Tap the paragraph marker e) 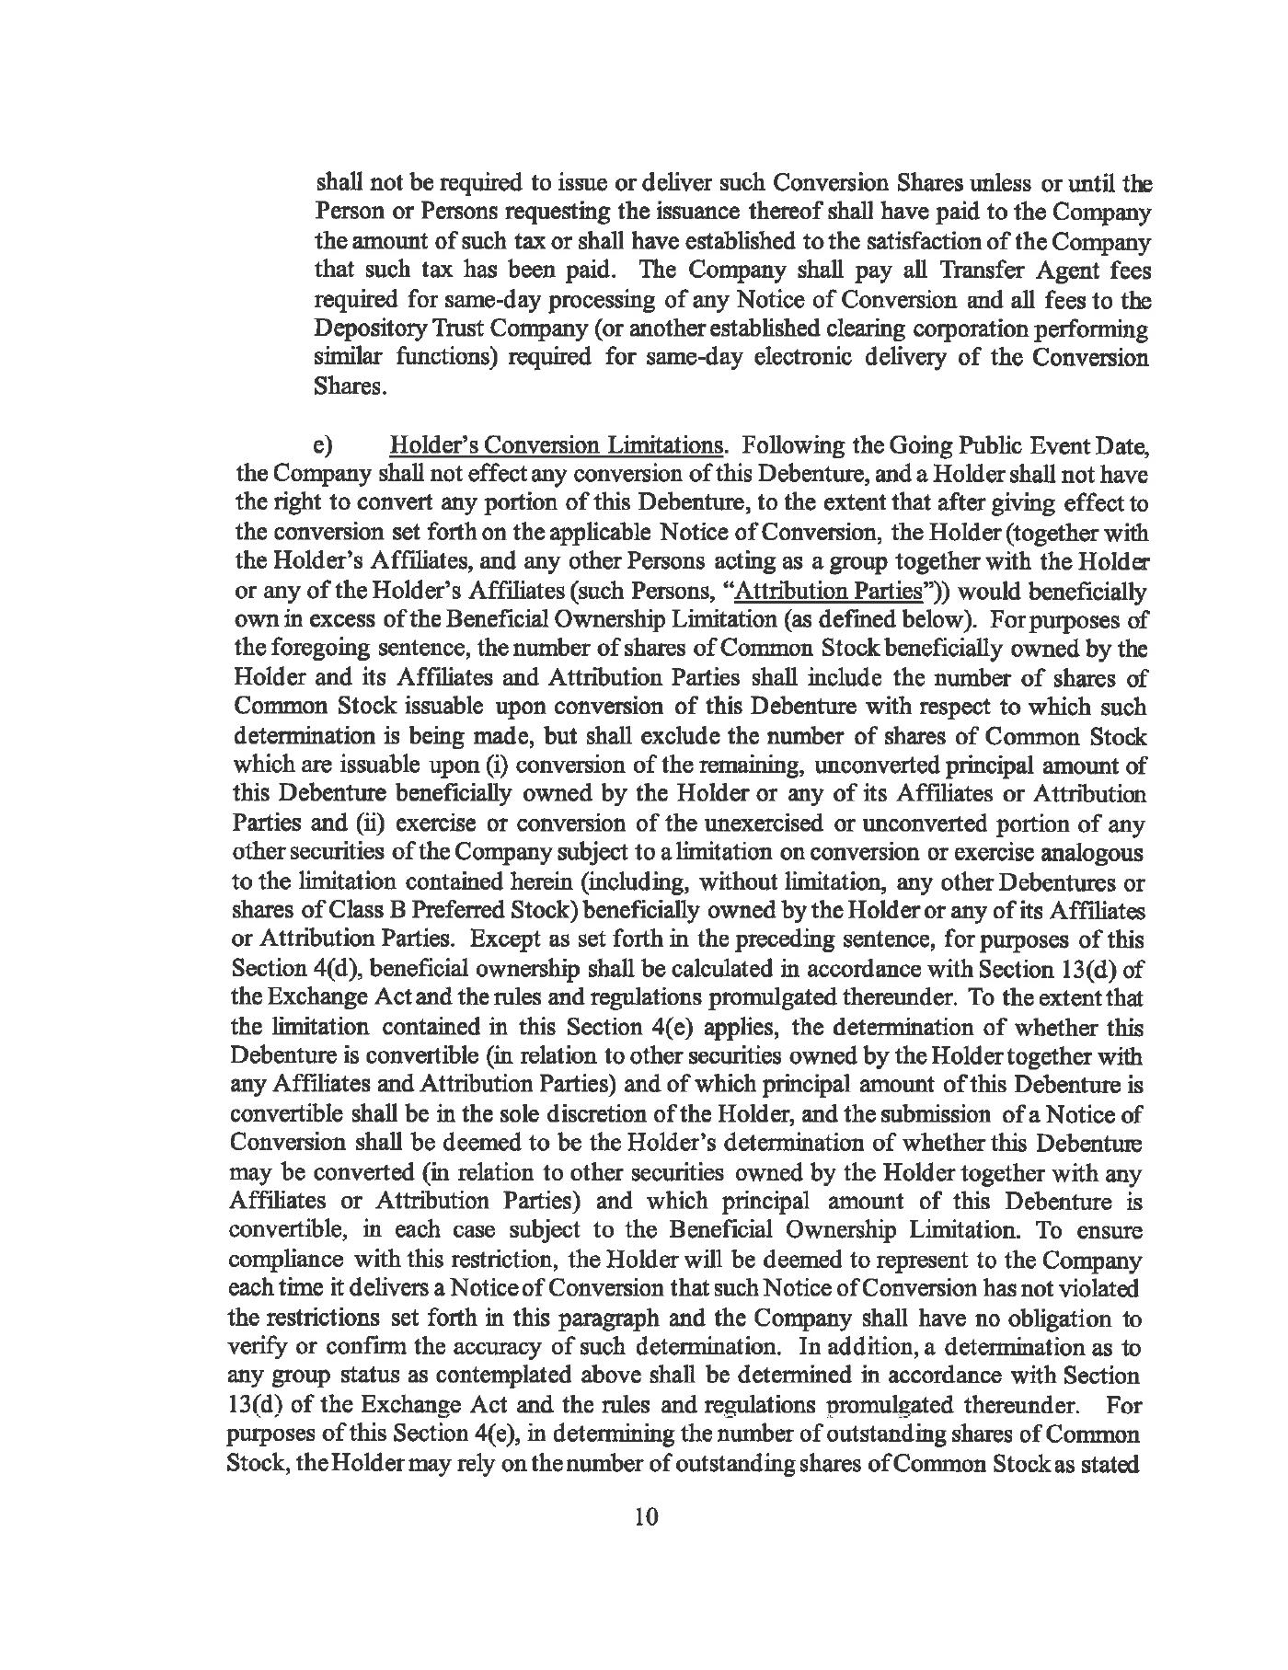tap(322, 446)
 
